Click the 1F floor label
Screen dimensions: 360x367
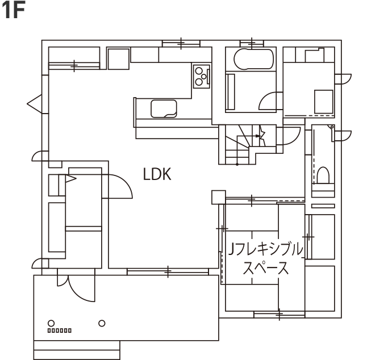coord(15,11)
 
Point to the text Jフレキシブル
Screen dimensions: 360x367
coord(265,250)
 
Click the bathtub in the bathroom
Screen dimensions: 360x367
coord(250,59)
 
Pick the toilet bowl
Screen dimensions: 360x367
coord(324,174)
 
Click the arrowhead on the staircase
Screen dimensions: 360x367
coord(261,135)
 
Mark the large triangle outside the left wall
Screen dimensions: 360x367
coord(34,103)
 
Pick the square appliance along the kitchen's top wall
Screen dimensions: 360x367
coord(119,58)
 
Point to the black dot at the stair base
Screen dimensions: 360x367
coord(236,164)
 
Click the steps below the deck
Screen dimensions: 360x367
coord(77,349)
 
